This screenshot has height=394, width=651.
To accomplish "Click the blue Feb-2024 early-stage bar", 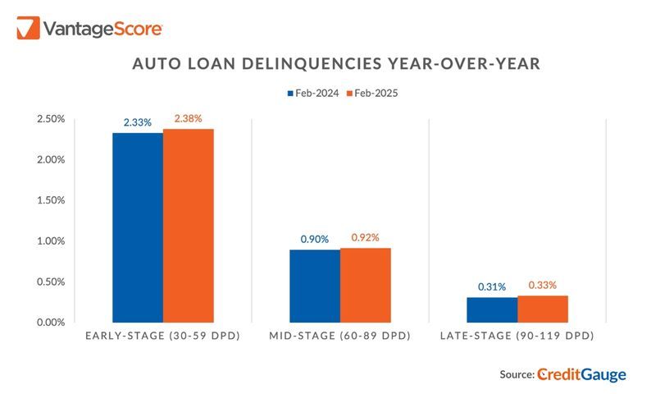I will click(x=137, y=227).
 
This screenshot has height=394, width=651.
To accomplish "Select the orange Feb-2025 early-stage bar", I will click(x=188, y=225).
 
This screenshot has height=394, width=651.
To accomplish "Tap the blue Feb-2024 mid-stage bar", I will click(x=314, y=285).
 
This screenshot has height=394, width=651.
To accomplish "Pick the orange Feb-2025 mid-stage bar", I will click(x=365, y=284).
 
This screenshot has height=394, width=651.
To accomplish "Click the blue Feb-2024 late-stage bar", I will click(x=492, y=309).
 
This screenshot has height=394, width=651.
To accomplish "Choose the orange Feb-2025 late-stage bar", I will click(x=542, y=308).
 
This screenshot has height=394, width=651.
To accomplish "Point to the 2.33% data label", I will click(x=138, y=122).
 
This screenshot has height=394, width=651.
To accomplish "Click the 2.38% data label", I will click(x=188, y=118).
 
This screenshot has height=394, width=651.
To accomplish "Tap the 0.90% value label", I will click(x=315, y=239).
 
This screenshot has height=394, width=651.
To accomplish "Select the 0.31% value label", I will click(x=492, y=286).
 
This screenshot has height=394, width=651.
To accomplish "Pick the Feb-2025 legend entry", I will click(x=371, y=94).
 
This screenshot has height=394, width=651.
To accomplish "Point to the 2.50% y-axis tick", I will click(x=51, y=119).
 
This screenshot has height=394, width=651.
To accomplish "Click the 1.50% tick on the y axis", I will click(x=51, y=200).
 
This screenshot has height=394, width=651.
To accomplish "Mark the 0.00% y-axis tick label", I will click(x=51, y=322).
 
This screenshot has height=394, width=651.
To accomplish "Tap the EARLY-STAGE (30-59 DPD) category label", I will click(x=162, y=337).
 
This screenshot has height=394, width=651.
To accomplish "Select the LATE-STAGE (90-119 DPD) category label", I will click(x=517, y=337).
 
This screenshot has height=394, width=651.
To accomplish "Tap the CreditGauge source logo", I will click(x=582, y=374).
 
